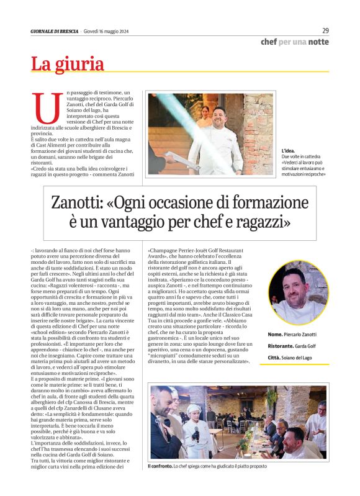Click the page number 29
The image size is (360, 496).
325,30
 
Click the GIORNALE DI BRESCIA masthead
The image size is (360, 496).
55,32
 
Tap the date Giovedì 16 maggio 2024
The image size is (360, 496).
106,32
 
